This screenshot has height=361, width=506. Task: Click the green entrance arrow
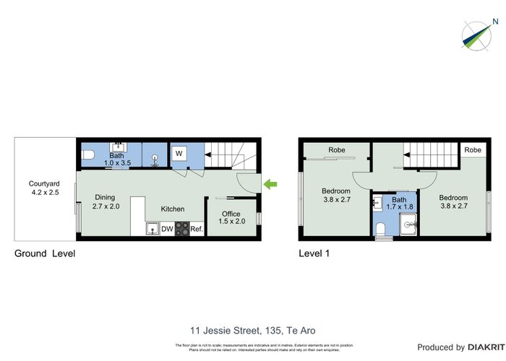pos(270,185)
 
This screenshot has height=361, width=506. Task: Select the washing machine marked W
pos(179,153)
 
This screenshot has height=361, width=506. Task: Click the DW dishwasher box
pos(166,229)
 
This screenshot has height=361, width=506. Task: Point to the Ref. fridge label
pos(197,229)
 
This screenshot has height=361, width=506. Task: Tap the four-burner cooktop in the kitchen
pos(181,229)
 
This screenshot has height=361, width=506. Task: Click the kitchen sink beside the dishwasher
pos(152,229)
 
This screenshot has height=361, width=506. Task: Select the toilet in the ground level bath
pos(87,155)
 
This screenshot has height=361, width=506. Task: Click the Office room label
pos(231,214)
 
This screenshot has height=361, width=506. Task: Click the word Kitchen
pos(173,209)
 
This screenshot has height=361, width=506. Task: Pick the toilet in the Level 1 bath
pos(381,230)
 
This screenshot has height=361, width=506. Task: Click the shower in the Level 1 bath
pos(409,225)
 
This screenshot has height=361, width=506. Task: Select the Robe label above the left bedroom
pos(336,150)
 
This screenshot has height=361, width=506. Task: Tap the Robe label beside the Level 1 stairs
pos(473,150)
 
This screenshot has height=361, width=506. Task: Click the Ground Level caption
pos(45,253)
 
